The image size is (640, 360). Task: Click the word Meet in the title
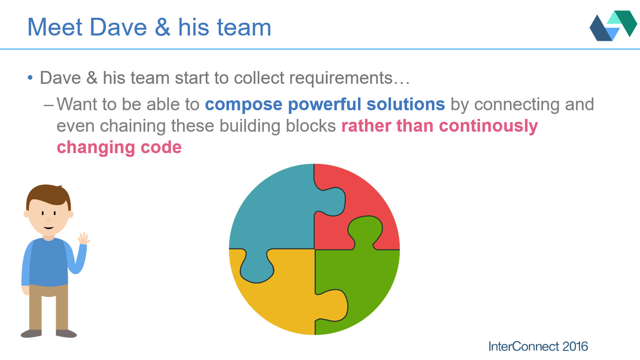point(55,27)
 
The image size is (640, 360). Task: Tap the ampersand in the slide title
point(163,27)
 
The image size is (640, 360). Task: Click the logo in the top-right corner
point(613,26)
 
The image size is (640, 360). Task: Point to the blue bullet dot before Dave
point(30,78)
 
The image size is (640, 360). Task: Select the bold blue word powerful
point(324,104)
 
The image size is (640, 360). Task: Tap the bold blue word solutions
point(406,104)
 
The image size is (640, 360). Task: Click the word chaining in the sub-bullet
point(133,126)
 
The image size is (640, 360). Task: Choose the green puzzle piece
point(360,274)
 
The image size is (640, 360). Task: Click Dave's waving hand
point(84,238)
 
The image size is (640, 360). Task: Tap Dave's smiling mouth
point(49,228)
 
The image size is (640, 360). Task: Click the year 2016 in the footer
point(575,346)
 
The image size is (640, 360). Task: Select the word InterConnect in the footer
point(524,346)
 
